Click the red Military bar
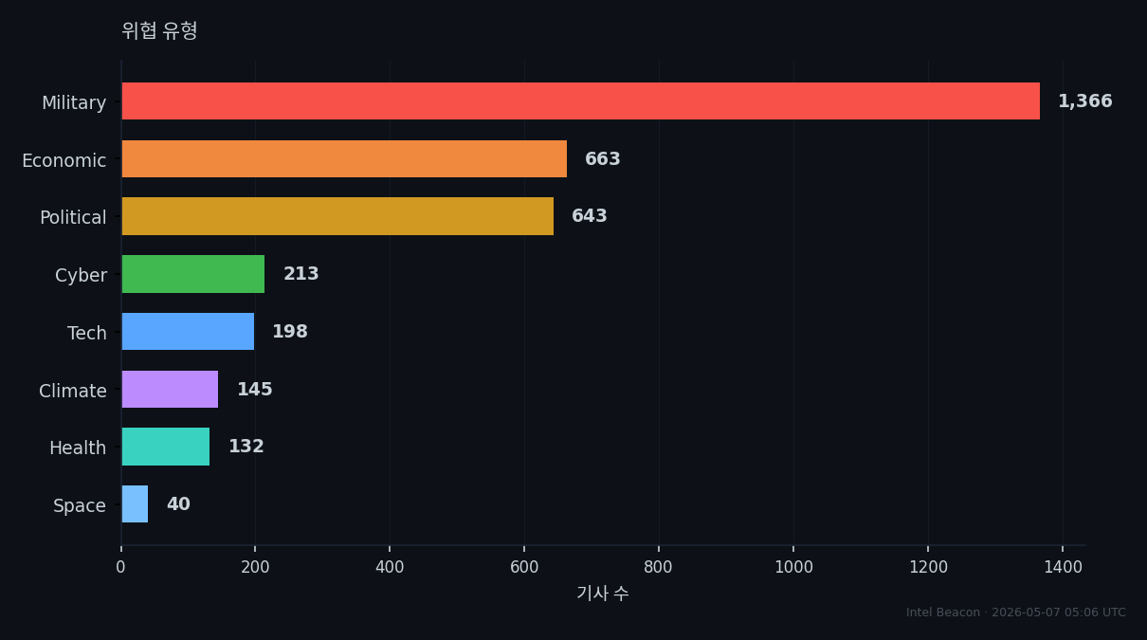[581, 101]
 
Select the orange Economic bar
[344, 158]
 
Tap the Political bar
[337, 216]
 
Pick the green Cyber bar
[193, 274]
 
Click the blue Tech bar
[188, 331]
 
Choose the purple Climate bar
[170, 389]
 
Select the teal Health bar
[165, 447]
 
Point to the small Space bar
[135, 504]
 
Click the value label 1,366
[1085, 101]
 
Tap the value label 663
[603, 158]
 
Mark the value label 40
[179, 503]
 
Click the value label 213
[301, 273]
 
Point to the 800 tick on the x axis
[659, 567]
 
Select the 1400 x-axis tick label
[1063, 567]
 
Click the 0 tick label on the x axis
[120, 567]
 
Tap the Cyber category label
[81, 275]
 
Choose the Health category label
[78, 448]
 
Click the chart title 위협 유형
[159, 30]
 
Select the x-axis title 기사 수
[603, 594]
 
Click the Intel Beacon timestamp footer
[1016, 613]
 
